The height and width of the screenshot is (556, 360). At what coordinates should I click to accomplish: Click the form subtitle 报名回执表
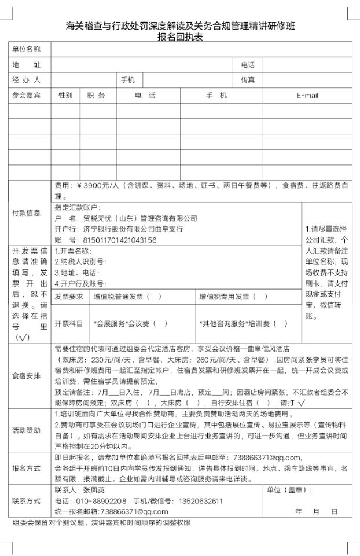coord(180,36)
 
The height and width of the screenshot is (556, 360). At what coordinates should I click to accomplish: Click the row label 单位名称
coord(27,49)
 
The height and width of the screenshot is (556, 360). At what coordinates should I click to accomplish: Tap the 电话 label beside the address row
coord(248,64)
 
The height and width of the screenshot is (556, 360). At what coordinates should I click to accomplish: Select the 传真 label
coord(248,80)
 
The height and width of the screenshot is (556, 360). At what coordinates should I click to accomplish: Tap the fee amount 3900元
coord(101,186)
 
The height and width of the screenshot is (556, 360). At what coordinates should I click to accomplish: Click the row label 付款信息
coord(27,213)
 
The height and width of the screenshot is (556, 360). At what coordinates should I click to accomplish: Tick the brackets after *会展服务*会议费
coord(160,323)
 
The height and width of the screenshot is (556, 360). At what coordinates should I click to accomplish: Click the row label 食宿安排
coord(27,376)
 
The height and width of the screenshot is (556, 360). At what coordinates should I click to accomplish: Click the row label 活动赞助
coord(27,430)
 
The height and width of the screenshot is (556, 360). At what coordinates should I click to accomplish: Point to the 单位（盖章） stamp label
coord(289,489)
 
